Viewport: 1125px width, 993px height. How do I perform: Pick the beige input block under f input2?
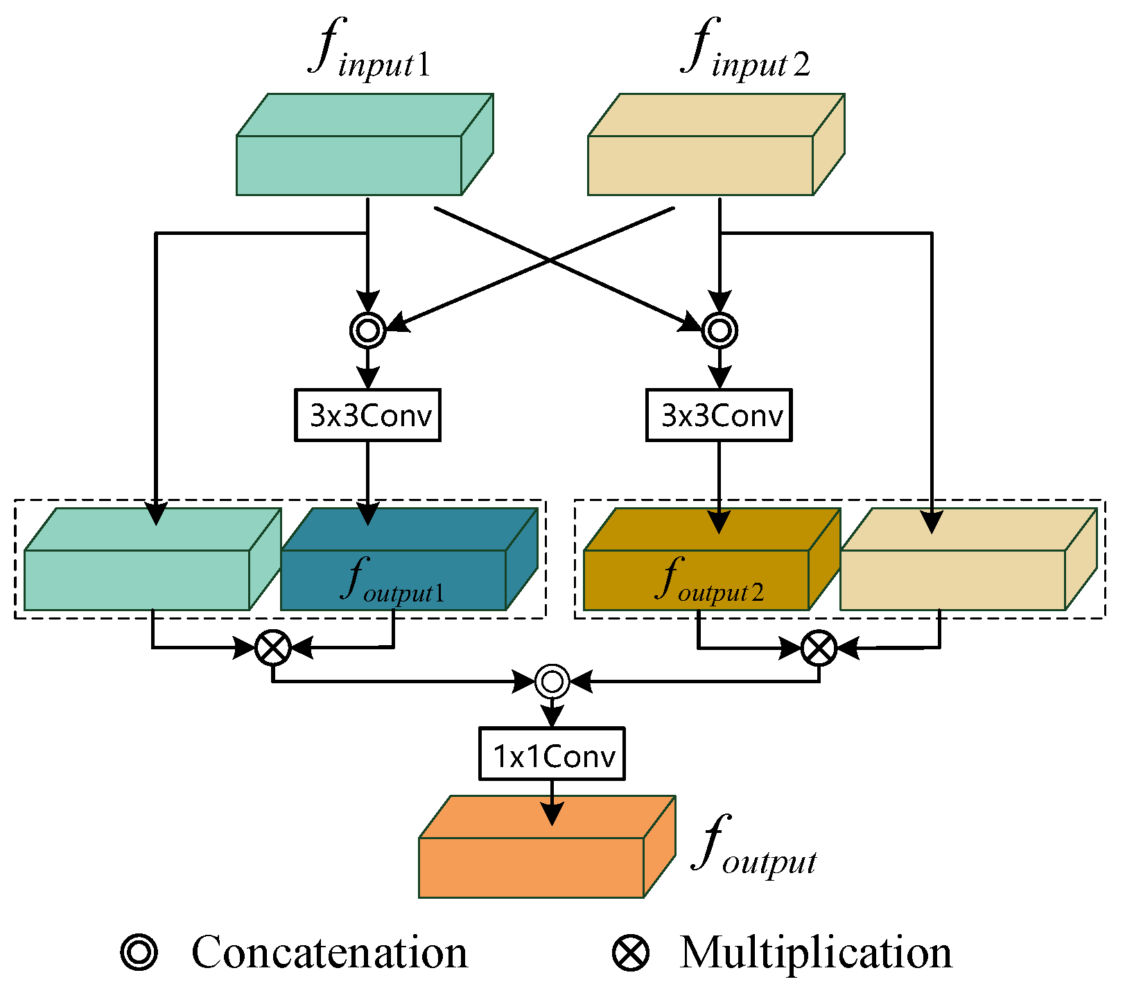(x=700, y=164)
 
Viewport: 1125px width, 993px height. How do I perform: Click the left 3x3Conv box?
(x=367, y=415)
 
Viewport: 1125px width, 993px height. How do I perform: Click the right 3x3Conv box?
(x=719, y=415)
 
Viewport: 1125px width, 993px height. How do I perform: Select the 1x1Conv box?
(x=552, y=754)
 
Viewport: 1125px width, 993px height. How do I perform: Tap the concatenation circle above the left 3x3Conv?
(x=367, y=330)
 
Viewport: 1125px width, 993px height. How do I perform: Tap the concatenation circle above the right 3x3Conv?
(x=720, y=330)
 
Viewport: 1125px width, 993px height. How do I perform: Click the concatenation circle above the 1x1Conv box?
(x=552, y=681)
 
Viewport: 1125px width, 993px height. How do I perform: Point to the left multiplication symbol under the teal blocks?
(x=273, y=648)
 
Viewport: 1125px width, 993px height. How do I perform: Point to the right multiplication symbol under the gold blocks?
(x=819, y=648)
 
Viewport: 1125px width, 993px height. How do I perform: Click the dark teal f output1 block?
(x=394, y=579)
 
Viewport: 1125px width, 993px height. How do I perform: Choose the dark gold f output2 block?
(x=697, y=579)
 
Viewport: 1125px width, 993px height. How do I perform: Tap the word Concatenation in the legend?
(x=329, y=953)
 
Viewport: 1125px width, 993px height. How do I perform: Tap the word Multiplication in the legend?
(x=815, y=953)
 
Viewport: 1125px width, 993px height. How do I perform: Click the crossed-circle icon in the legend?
(x=631, y=953)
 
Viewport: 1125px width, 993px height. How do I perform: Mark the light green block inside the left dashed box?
(x=137, y=579)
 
